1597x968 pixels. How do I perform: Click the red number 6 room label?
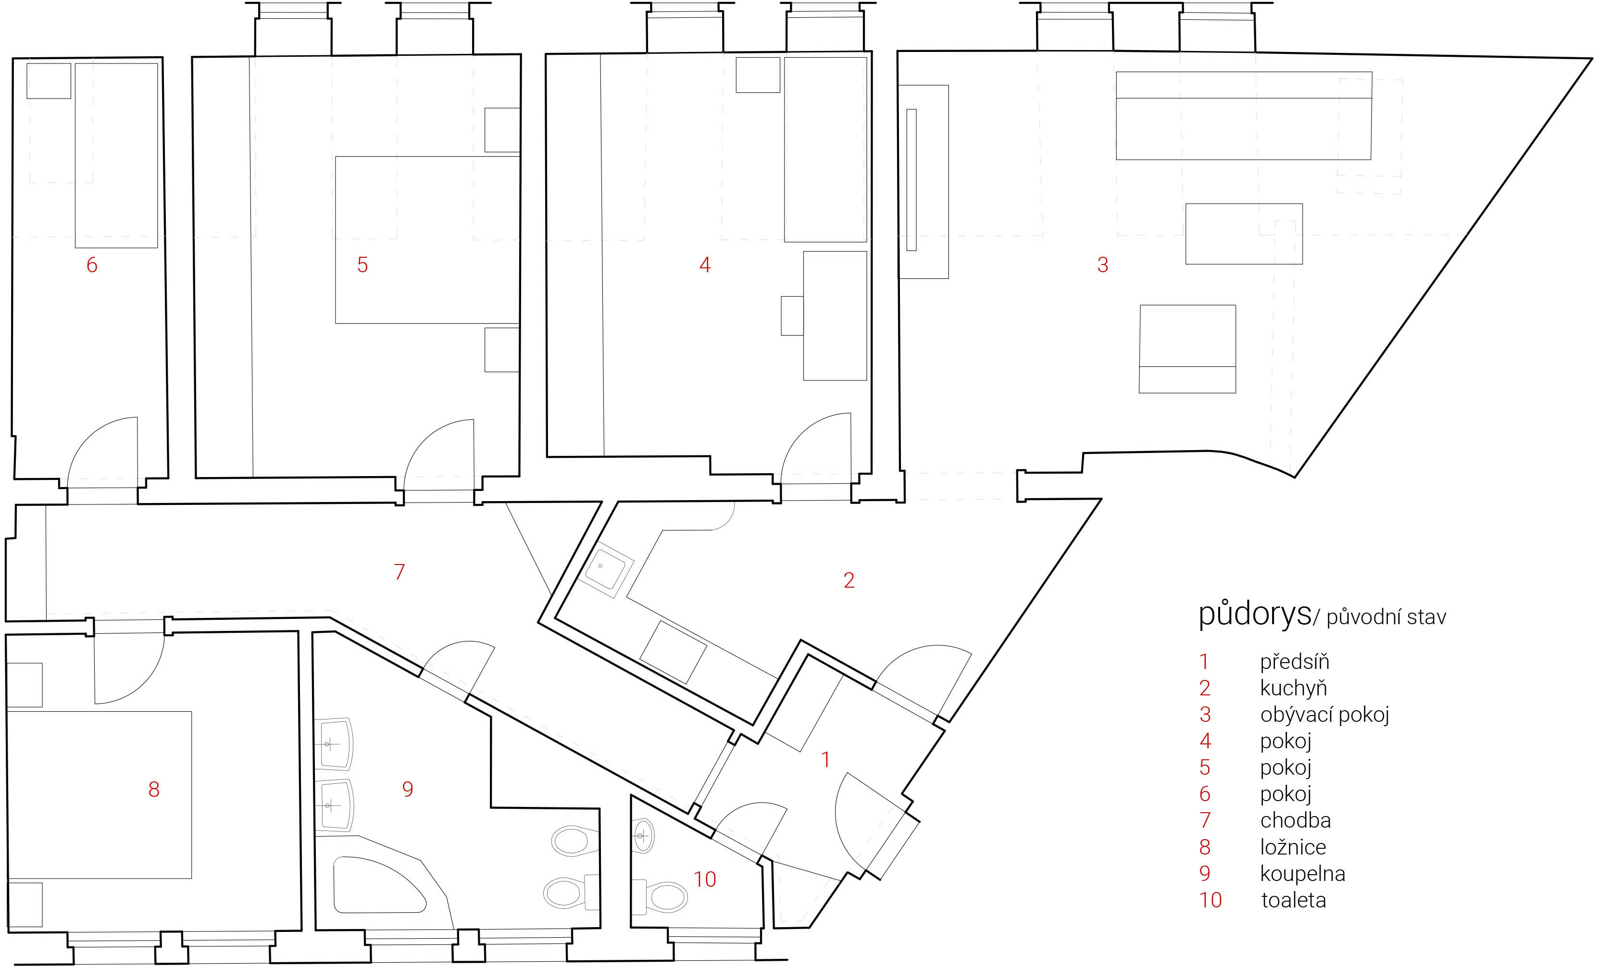point(92,264)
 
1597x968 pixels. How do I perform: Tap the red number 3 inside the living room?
point(1102,264)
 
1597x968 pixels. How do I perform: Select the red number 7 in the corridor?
point(399,572)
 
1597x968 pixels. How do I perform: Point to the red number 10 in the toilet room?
point(705,879)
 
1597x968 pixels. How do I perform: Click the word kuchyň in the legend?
point(1294,688)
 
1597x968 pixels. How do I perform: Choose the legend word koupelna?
point(1303,874)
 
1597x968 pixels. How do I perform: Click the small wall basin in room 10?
point(642,836)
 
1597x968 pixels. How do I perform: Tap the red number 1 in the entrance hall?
point(825,759)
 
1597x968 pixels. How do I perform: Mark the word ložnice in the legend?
point(1293,847)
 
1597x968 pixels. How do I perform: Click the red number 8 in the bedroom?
point(154,789)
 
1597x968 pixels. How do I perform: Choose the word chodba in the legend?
point(1296,820)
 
